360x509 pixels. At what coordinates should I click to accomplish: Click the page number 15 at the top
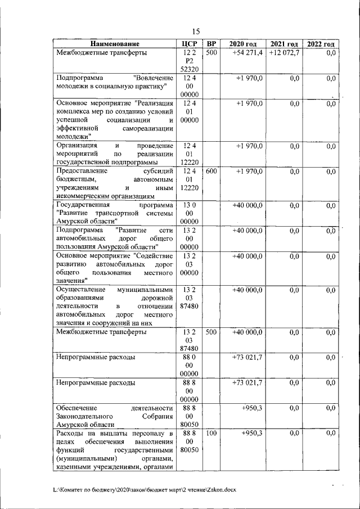(x=196, y=31)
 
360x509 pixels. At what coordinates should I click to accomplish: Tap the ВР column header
(x=210, y=44)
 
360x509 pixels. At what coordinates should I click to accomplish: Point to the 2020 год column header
(x=242, y=44)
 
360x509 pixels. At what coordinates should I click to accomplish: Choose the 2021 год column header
(x=283, y=44)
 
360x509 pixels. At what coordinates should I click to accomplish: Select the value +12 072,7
(x=284, y=53)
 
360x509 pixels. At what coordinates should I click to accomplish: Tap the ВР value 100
(x=210, y=434)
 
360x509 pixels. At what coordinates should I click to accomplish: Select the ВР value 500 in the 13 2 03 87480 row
(x=210, y=332)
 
